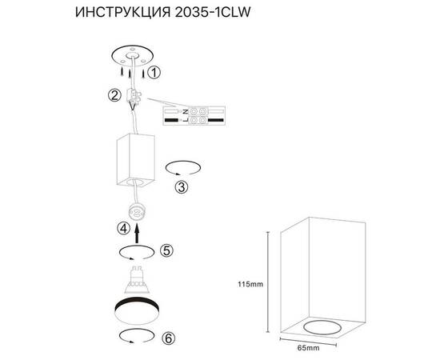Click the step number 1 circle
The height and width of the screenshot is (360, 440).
point(155,72)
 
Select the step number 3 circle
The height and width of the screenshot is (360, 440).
point(182,188)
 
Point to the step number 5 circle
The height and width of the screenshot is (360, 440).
point(166,250)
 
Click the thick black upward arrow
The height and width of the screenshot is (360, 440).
point(137,233)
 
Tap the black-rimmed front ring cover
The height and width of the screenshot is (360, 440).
point(137,310)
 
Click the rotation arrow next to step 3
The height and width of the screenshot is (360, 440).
point(182,168)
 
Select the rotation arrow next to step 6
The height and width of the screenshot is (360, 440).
point(132,334)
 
